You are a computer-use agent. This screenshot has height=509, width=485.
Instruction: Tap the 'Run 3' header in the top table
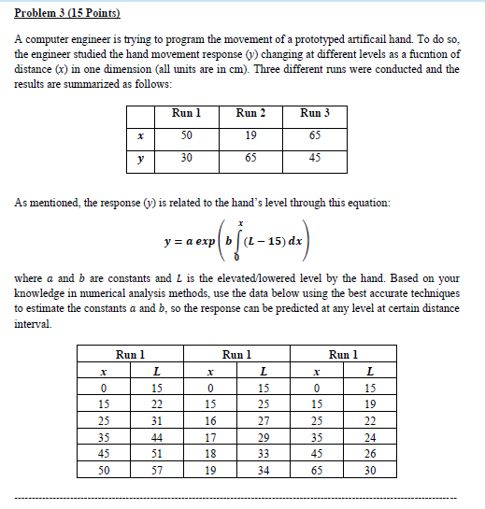point(314,113)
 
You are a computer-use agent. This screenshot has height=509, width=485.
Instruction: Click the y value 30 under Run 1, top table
point(187,158)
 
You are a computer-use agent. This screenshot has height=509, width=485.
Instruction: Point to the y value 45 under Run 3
point(314,158)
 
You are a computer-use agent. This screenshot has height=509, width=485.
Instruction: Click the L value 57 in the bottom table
point(157,473)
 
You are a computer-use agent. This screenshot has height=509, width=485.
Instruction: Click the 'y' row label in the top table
point(139,158)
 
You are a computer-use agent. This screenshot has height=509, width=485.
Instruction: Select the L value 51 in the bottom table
point(157,454)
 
